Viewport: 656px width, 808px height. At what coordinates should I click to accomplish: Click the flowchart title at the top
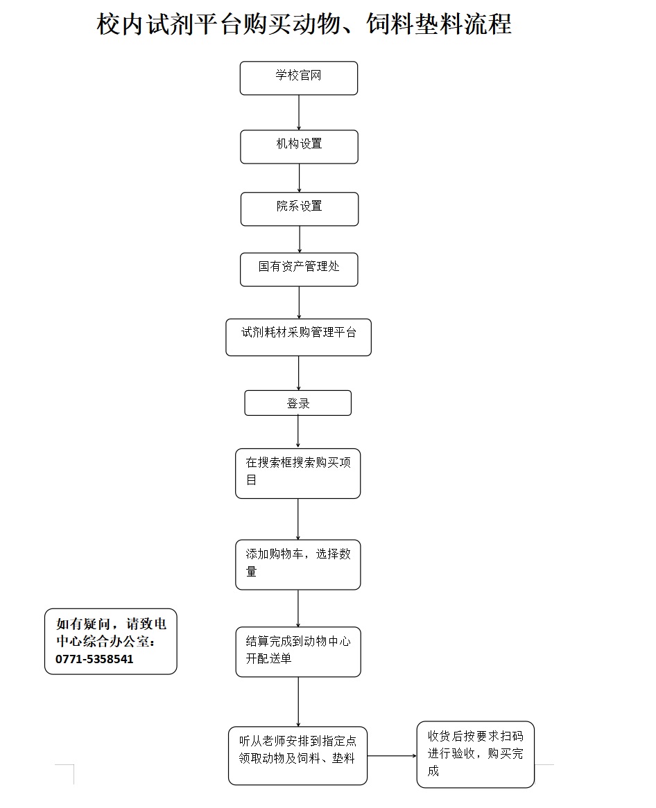pos(304,25)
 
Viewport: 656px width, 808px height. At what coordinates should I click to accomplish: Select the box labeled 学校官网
pos(299,78)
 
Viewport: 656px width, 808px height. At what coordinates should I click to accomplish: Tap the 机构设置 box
pos(300,146)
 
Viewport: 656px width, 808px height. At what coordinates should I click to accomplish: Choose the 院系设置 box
pos(300,209)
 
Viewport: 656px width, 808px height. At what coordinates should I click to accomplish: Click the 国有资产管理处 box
pos(299,269)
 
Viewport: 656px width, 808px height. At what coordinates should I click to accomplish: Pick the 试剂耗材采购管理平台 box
pos(298,337)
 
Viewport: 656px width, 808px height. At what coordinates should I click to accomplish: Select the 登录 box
pos(298,403)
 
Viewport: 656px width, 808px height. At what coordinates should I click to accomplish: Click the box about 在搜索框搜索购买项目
pos(298,473)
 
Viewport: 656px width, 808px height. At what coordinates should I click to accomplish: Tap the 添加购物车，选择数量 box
pos(298,564)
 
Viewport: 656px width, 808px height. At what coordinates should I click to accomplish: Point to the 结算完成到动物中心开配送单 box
pos(298,651)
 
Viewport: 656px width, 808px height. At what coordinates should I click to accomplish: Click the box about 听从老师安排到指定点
pos(298,755)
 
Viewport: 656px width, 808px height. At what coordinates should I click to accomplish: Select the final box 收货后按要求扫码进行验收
pos(476,754)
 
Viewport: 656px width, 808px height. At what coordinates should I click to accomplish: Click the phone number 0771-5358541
pos(94,659)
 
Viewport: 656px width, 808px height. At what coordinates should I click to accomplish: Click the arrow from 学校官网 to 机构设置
pos(299,112)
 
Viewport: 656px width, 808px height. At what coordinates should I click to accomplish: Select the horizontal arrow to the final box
pos(392,755)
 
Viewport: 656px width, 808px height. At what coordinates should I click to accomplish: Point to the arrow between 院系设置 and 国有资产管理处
pos(300,239)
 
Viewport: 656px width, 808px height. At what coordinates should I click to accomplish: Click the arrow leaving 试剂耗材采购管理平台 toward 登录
pos(299,373)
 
